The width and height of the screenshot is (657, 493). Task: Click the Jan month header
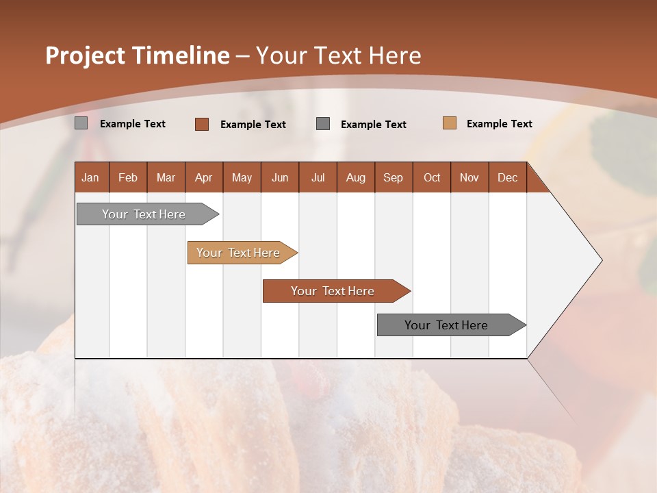[x=90, y=177]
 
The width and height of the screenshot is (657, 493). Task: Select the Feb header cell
[x=128, y=177]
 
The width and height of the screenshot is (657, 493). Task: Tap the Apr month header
[x=203, y=177]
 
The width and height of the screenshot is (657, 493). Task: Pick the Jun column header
[x=280, y=177]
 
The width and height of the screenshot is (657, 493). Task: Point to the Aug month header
[x=355, y=177]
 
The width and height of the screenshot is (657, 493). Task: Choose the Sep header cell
[x=393, y=177]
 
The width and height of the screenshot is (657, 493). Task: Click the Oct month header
[x=432, y=177]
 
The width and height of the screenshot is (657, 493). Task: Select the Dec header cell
[x=507, y=177]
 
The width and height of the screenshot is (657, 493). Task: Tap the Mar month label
[x=166, y=177]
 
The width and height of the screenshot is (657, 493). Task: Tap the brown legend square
[x=202, y=124]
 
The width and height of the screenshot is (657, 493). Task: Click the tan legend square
[x=450, y=123]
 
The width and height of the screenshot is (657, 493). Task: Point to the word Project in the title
[x=84, y=55]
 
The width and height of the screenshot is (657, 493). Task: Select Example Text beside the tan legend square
[x=499, y=124]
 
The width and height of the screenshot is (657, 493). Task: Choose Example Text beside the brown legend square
[x=253, y=125]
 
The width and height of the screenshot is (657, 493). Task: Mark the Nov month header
[x=469, y=177]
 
